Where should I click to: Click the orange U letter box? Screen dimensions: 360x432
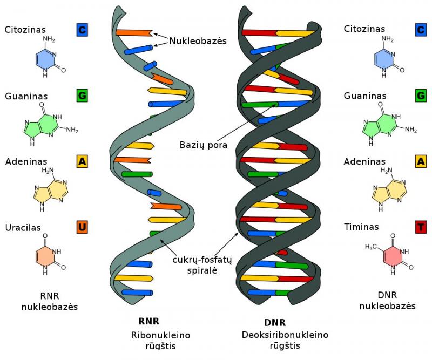coord(82,227)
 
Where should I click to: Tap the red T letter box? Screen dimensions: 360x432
coord(420,227)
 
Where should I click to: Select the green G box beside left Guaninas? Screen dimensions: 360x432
coord(82,96)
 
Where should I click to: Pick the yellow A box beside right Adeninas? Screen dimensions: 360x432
coord(420,161)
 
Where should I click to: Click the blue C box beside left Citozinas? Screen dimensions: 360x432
coord(82,30)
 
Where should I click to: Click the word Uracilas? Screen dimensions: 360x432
coord(23,228)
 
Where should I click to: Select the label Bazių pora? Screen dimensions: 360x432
coord(204,145)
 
